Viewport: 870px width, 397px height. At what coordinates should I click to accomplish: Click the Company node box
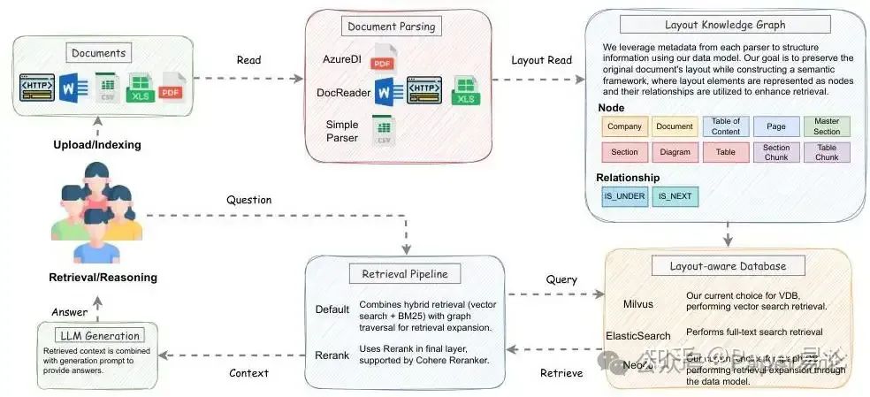click(624, 126)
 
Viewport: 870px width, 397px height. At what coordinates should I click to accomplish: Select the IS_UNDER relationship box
click(624, 196)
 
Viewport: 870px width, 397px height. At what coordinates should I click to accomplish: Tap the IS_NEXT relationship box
click(675, 196)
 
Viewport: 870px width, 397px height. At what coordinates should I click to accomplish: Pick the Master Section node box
click(827, 126)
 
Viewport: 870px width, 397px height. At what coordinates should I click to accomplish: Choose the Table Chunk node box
click(827, 152)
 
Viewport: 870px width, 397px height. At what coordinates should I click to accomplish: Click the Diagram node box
click(675, 152)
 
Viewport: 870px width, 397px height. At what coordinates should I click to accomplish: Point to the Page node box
click(776, 126)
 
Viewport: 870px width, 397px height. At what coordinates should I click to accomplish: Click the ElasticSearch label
click(637, 335)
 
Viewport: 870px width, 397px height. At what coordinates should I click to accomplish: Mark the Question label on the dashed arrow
click(248, 200)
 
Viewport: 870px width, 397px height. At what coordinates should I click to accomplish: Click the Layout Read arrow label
click(540, 60)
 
